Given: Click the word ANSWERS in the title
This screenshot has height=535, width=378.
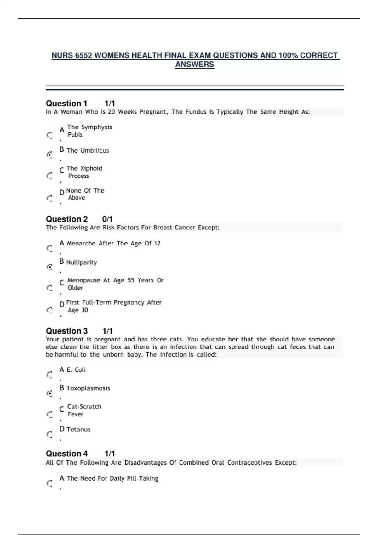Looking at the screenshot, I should coord(195,65).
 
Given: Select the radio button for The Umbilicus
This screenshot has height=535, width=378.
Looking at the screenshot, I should coord(50,155).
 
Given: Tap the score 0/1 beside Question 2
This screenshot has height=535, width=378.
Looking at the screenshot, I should coord(107,219).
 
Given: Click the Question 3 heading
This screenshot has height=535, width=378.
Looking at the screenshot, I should coord(67,331).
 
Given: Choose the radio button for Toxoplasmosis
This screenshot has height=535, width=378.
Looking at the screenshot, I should coord(50,393).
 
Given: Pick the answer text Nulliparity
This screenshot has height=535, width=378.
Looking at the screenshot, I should coord(82,262).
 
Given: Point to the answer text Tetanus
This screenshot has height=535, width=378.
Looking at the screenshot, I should coord(78,430).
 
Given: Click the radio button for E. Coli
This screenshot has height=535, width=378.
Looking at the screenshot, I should coord(50,374).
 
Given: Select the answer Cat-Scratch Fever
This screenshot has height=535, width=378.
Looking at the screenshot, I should coord(84,410).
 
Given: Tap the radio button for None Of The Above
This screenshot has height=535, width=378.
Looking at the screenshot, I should coord(50,198).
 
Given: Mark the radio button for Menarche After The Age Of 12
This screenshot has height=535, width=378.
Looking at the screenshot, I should coord(50,248).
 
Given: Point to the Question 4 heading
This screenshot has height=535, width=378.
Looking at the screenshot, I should coord(67,454).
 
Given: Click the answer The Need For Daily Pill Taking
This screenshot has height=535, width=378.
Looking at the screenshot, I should coord(112,478).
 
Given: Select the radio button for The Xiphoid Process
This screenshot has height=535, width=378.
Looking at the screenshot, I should coord(50,176).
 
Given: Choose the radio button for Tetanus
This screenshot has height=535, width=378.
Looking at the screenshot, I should coord(50,435).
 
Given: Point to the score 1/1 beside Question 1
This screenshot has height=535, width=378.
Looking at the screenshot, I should coord(110,104).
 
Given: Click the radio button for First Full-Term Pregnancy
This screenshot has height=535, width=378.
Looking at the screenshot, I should coord(50,310).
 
